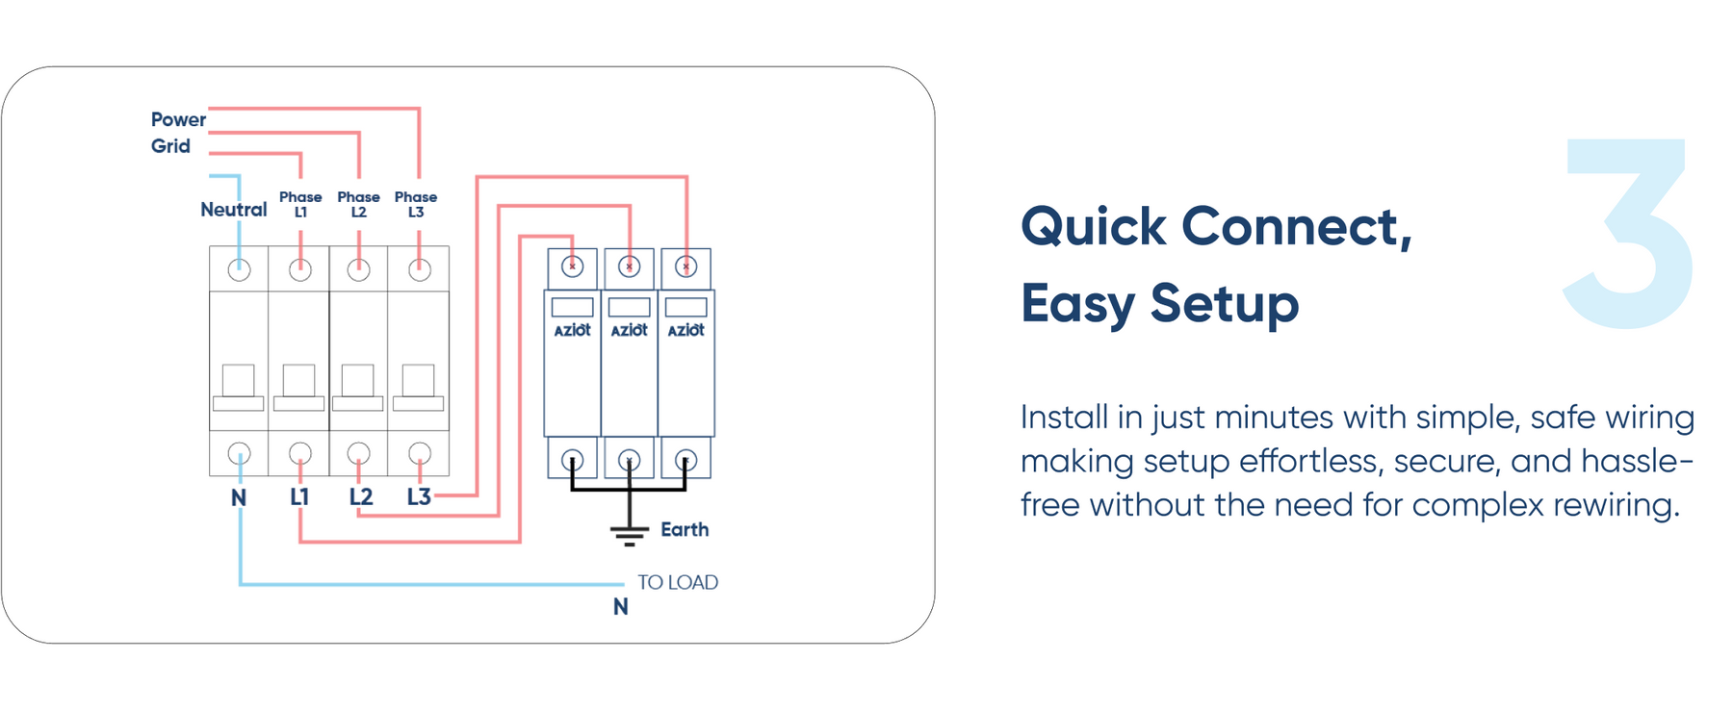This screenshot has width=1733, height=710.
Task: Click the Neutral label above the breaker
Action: [233, 210]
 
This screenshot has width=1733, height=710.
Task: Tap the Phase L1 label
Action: [300, 204]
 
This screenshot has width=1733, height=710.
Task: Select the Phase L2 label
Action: [358, 204]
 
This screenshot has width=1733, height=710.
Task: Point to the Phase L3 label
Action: [416, 204]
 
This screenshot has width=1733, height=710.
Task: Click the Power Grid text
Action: [177, 133]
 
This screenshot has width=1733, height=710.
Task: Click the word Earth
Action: [685, 529]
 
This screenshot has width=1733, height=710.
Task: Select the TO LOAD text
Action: [677, 582]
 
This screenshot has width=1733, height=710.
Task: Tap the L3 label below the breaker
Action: [418, 496]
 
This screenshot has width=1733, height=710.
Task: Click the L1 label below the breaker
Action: [299, 496]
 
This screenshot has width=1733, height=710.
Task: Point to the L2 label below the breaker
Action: [360, 496]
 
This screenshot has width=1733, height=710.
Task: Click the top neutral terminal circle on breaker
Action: [239, 270]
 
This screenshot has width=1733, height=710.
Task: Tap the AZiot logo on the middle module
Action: [629, 330]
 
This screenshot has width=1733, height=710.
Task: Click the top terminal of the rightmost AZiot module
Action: [685, 266]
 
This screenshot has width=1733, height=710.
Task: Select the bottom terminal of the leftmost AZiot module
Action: [572, 460]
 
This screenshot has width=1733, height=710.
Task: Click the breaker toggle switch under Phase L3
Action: [418, 388]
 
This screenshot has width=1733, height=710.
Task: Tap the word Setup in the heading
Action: [1224, 304]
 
